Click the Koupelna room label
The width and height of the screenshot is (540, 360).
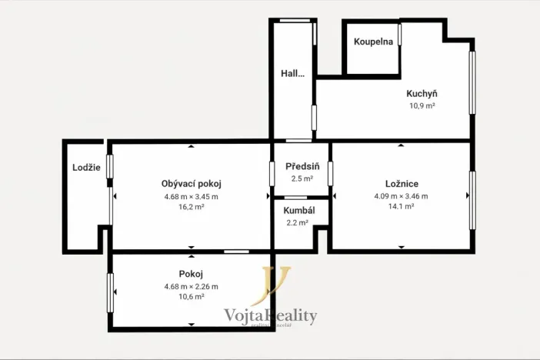[x=373, y=42]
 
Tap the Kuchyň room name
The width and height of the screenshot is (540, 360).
[x=422, y=95]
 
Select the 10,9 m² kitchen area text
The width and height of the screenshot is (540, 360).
[x=422, y=106]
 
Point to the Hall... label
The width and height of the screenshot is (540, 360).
[x=292, y=74]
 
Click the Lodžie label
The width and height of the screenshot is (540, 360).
[x=86, y=168]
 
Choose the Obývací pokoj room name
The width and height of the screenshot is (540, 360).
[x=191, y=184]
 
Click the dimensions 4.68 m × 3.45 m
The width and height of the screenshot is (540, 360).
[x=191, y=196]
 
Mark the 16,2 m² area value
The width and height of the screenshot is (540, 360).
[x=191, y=207]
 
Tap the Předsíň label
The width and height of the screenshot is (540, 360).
[x=302, y=167]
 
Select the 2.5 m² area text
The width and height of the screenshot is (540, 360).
[x=302, y=178]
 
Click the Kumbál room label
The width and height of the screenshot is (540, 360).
[x=296, y=210]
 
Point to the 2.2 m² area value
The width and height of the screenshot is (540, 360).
[x=296, y=222]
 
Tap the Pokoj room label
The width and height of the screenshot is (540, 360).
[x=191, y=274]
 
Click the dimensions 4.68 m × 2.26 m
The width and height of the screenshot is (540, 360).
[x=191, y=286]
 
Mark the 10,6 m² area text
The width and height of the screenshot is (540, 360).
[x=191, y=297]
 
